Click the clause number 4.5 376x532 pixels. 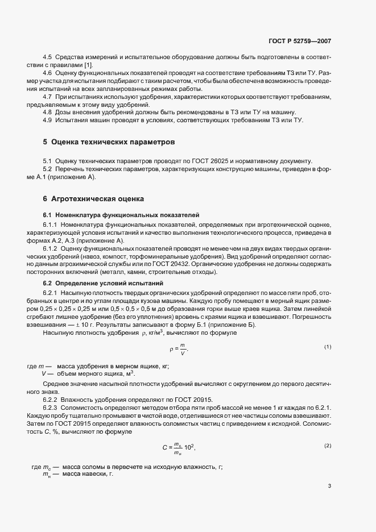(x=48, y=59)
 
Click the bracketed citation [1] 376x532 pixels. (x=89, y=65)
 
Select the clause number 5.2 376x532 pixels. (x=48, y=169)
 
